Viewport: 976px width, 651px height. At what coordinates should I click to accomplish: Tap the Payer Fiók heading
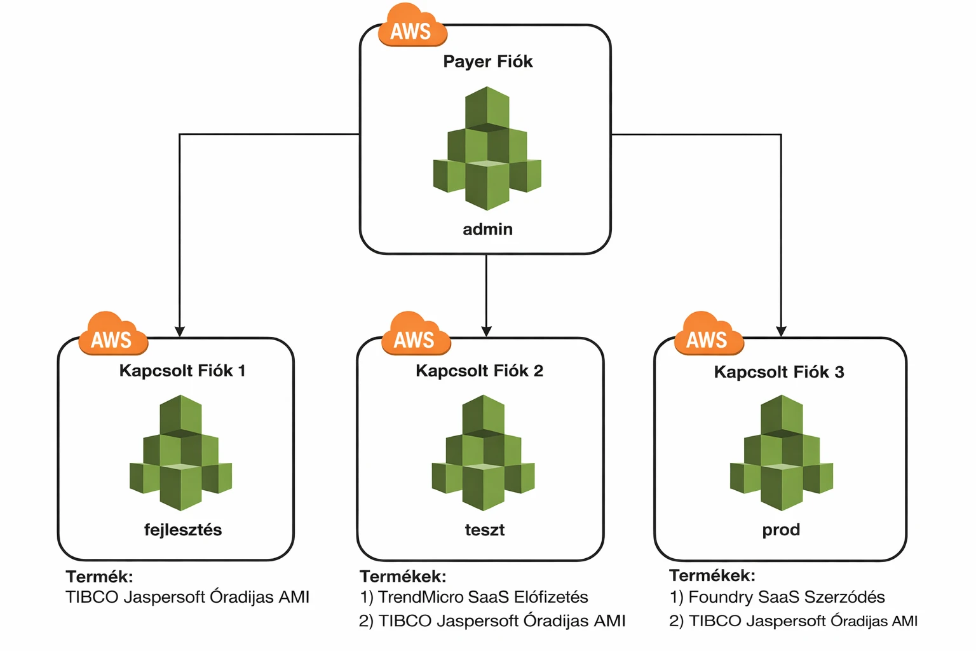click(487, 62)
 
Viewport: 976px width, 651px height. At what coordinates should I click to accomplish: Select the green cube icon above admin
click(487, 149)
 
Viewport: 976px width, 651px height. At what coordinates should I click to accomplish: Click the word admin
click(487, 230)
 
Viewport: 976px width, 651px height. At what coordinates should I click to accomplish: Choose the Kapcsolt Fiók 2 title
click(479, 371)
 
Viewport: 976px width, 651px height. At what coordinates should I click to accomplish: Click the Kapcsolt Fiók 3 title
click(778, 373)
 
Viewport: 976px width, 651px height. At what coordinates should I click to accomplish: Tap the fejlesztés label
click(183, 530)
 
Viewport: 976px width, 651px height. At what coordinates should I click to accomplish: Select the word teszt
click(484, 530)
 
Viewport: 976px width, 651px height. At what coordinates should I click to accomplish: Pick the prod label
click(781, 530)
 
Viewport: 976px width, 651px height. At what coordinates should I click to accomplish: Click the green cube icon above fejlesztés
click(181, 453)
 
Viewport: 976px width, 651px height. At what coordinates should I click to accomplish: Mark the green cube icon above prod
click(782, 453)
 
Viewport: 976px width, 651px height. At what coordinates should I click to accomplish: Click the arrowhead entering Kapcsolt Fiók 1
click(180, 331)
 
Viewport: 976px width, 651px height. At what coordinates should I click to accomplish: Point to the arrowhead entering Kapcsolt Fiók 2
click(486, 331)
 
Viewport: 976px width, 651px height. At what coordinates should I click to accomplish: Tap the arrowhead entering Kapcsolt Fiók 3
click(781, 331)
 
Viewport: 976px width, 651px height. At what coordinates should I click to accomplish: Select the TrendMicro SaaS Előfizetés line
click(474, 598)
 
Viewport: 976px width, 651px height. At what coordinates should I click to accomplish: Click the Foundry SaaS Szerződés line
click(777, 598)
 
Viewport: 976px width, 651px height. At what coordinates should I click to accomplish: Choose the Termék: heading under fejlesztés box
click(99, 577)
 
